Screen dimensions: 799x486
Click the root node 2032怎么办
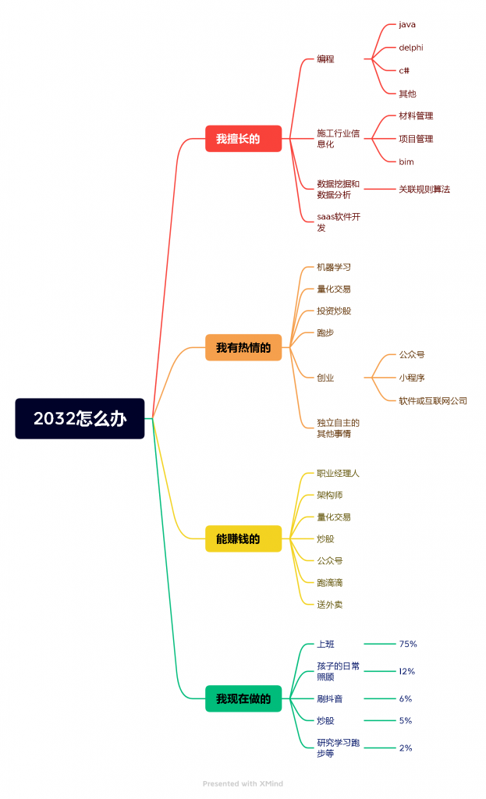(x=80, y=419)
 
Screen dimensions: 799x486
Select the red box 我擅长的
(x=243, y=139)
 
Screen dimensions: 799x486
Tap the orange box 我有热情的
(x=243, y=347)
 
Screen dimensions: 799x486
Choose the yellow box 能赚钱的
(x=243, y=538)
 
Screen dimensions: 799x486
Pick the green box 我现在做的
(x=243, y=698)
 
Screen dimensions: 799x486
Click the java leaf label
(x=407, y=25)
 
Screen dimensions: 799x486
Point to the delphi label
(x=411, y=48)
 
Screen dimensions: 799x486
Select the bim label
(x=406, y=162)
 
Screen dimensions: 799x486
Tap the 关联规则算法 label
(x=424, y=189)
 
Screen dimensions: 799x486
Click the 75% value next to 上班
(x=408, y=644)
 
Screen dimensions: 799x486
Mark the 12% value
(x=407, y=671)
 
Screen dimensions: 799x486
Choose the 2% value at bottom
(x=406, y=748)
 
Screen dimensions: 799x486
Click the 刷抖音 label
(x=329, y=698)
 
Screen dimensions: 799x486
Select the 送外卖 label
(x=329, y=604)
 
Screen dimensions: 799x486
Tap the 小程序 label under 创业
(x=412, y=377)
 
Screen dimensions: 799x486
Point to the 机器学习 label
(x=334, y=267)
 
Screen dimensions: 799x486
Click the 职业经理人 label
(x=338, y=473)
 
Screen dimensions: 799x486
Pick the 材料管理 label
(x=416, y=115)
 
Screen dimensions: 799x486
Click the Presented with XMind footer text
(x=243, y=783)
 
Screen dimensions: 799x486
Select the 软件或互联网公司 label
(x=433, y=400)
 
